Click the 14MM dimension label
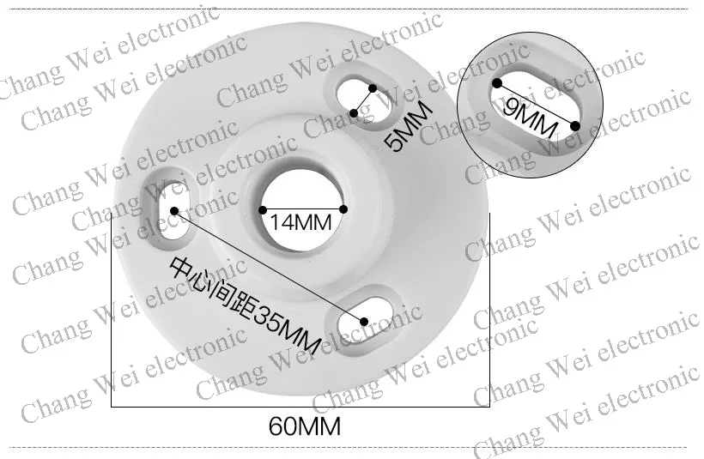pyautogui.click(x=300, y=223)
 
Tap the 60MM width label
pyautogui.click(x=305, y=426)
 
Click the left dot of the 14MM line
pyautogui.click(x=262, y=209)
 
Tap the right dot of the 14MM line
pyautogui.click(x=343, y=209)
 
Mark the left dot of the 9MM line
pyautogui.click(x=497, y=83)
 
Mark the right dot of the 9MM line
pyautogui.click(x=575, y=126)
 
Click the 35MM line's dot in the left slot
pyautogui.click(x=175, y=210)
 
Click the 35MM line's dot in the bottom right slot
pyautogui.click(x=364, y=322)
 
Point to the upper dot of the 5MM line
pyautogui.click(x=372, y=88)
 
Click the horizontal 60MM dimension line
pyautogui.click(x=300, y=405)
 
